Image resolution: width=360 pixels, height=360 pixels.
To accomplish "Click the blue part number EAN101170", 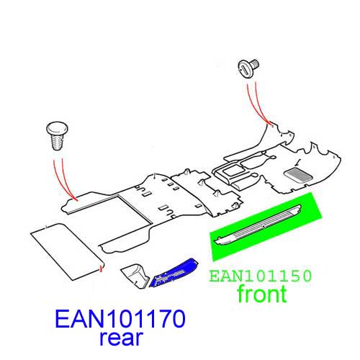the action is pyautogui.click(x=120, y=319).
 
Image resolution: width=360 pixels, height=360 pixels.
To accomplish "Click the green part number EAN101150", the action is pyautogui.click(x=260, y=276).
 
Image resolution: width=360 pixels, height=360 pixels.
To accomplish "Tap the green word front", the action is pyautogui.click(x=262, y=293).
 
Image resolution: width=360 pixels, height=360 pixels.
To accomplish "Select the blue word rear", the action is pyautogui.click(x=122, y=338).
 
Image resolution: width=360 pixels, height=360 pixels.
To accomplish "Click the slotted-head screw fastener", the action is pyautogui.click(x=248, y=68).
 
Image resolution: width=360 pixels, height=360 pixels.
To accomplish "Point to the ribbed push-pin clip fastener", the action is pyautogui.click(x=57, y=135).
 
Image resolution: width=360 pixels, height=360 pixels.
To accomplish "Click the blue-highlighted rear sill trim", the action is pyautogui.click(x=174, y=273).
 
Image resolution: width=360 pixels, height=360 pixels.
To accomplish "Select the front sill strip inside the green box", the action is pyautogui.click(x=258, y=225).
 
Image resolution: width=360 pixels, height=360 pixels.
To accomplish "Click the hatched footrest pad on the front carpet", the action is pyautogui.click(x=298, y=175).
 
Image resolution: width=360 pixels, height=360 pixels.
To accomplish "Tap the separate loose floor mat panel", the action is pyautogui.click(x=67, y=251).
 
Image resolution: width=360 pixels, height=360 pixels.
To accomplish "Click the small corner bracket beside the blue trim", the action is pyautogui.click(x=135, y=276).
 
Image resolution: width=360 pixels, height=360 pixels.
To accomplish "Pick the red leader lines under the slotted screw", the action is pyautogui.click(x=258, y=103).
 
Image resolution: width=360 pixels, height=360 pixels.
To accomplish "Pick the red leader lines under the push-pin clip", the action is pyautogui.click(x=64, y=179).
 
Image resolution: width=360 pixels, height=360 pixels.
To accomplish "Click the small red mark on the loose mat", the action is pyautogui.click(x=101, y=269).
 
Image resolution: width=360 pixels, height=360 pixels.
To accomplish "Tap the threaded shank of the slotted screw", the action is pyautogui.click(x=255, y=63).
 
